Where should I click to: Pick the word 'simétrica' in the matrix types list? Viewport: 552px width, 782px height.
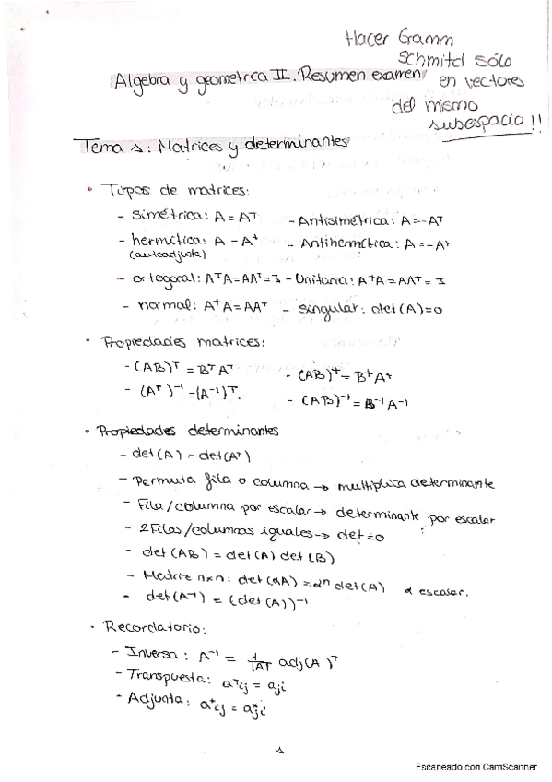(x=171, y=218)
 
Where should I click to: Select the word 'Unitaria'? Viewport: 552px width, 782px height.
(x=323, y=278)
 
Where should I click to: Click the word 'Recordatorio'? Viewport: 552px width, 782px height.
(x=154, y=628)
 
